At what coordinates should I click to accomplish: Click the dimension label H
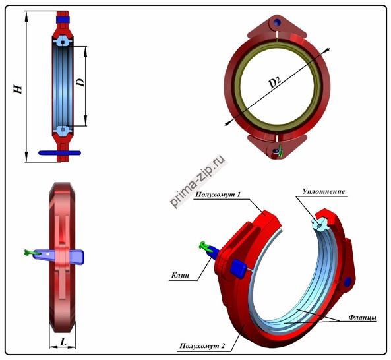(18, 89)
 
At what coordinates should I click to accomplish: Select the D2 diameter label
(275, 82)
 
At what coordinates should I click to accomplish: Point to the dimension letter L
(63, 342)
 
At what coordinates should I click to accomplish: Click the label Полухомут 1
(218, 195)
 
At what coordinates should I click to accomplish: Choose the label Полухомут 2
(202, 345)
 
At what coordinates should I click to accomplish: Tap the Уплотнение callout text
(324, 191)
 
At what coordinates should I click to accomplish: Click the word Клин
(180, 275)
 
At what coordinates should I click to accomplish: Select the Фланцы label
(363, 318)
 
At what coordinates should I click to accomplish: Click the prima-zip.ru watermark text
(198, 181)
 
